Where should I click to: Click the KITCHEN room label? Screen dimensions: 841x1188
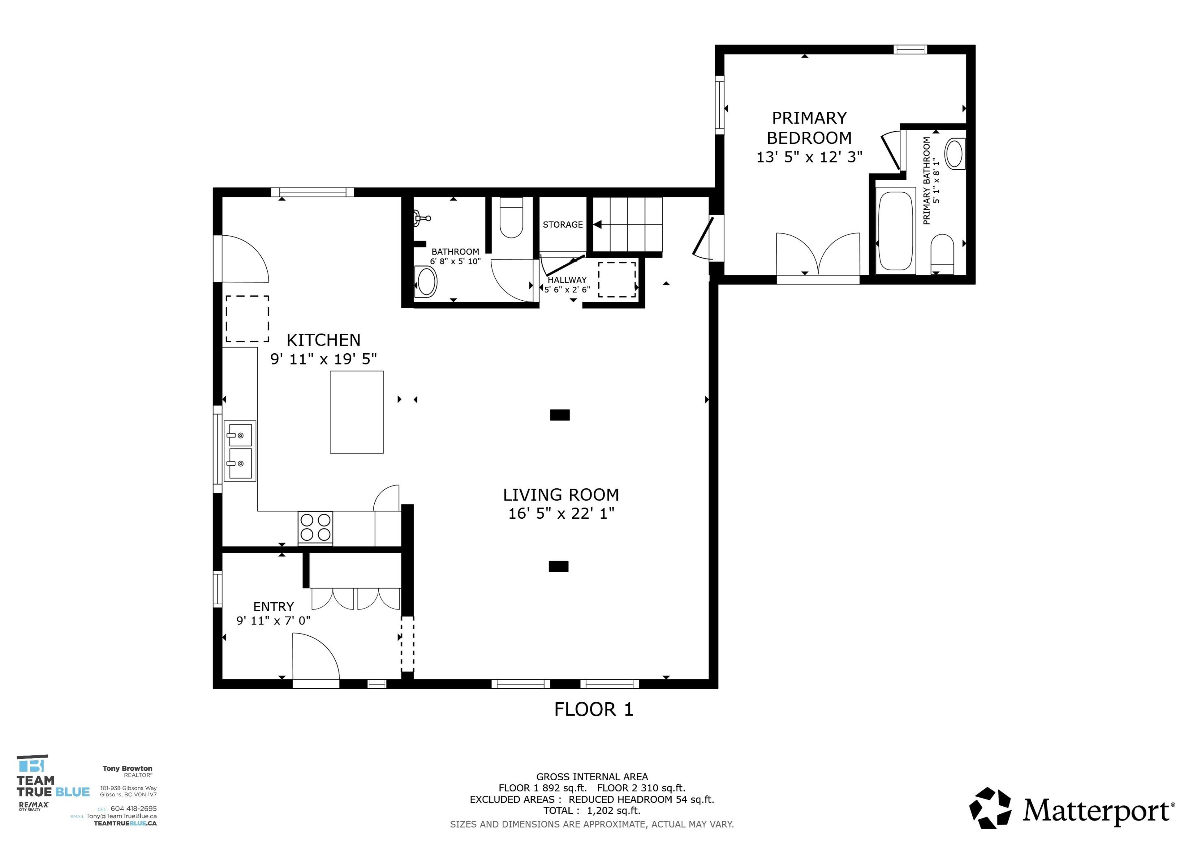[323, 340]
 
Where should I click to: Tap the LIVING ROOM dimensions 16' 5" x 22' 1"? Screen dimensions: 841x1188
[561, 514]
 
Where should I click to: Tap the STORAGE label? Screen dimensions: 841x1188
[562, 225]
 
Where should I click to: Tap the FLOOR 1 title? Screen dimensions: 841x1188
[593, 709]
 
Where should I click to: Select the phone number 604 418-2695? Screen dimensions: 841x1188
[133, 808]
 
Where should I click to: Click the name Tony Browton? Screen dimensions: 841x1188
[127, 769]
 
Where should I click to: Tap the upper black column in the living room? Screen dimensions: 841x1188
[559, 415]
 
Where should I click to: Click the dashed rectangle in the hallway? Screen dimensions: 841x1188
[617, 280]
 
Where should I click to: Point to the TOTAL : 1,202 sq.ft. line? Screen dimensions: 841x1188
[592, 810]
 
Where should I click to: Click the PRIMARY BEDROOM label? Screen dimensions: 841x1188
[809, 128]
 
